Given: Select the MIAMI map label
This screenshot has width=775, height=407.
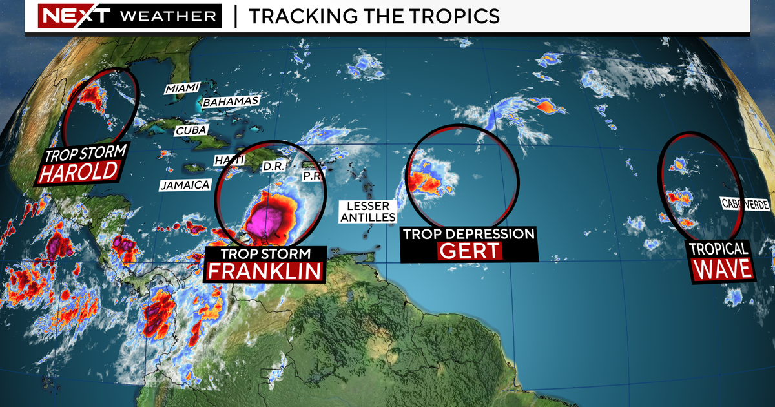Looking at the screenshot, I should point(182,88).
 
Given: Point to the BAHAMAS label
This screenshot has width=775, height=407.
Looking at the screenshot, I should point(231,101).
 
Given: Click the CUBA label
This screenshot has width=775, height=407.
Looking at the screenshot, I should point(191,130).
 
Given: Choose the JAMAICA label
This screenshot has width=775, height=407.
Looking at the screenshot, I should point(185,185).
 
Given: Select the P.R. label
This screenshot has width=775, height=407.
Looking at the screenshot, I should point(312,176).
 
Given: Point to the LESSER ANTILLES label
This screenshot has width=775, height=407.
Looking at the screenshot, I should point(367,212).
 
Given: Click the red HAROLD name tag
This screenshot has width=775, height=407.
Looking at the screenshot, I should point(79,172).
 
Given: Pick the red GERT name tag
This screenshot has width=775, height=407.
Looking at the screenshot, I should point(470,251).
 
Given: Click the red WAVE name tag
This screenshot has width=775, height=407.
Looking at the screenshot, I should point(723,269).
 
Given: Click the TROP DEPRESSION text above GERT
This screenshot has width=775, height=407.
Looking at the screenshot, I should point(469,233).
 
